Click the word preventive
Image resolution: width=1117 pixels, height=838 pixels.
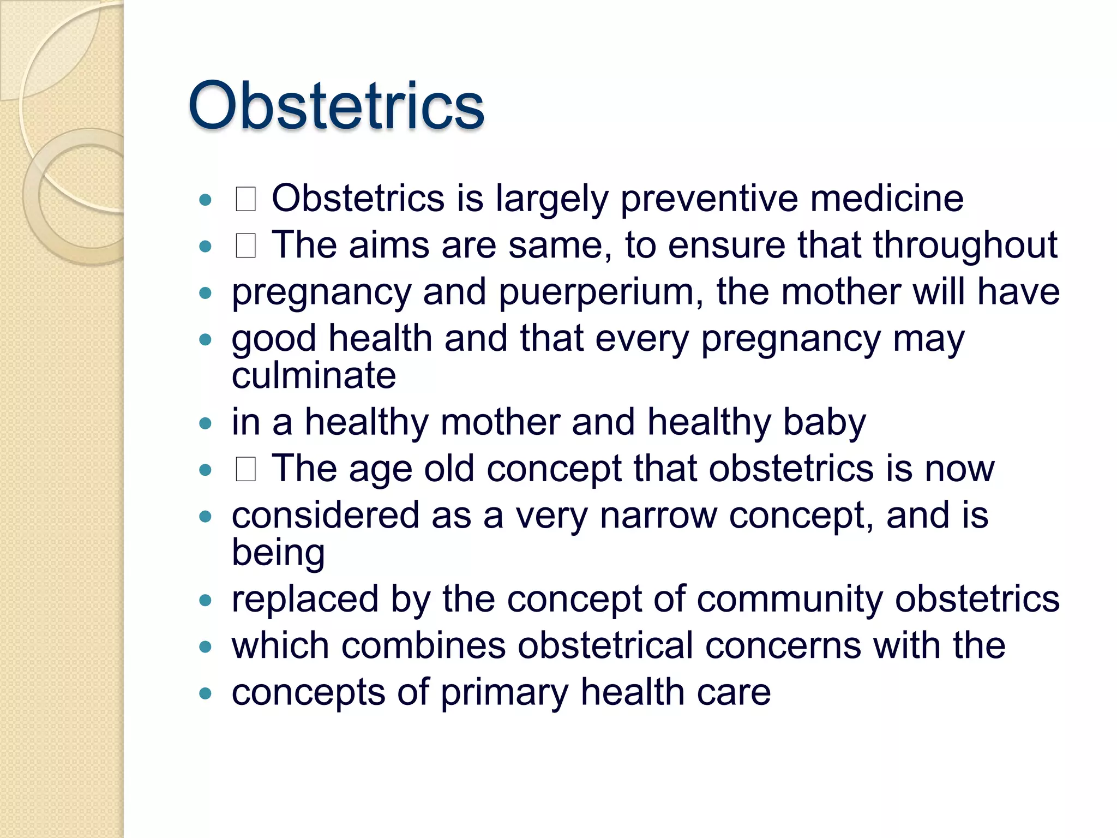[709, 199]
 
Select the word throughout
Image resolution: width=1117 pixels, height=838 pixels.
[965, 246]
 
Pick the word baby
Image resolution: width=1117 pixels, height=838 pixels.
[824, 422]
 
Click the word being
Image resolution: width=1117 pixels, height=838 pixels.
[278, 553]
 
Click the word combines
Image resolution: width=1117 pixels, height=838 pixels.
[423, 646]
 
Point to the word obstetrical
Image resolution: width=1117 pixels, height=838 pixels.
[605, 646]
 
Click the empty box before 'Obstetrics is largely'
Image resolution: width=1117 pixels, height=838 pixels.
[245, 199]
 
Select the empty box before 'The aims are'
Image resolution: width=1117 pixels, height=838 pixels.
[245, 246]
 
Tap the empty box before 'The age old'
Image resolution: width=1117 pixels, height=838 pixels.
[245, 469]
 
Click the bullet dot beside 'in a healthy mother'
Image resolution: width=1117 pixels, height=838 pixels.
[205, 423]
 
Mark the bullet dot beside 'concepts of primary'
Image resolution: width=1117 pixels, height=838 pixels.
[205, 694]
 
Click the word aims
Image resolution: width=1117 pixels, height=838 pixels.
[389, 246]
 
